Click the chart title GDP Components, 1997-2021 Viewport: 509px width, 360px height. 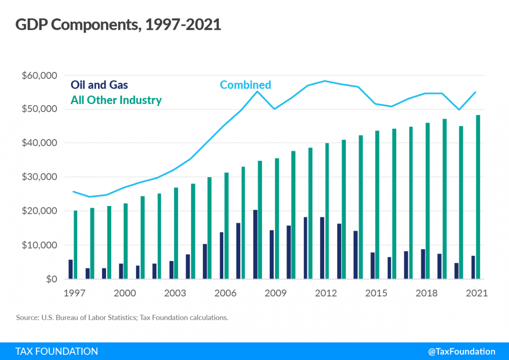point(118,25)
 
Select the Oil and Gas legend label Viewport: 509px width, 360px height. point(99,85)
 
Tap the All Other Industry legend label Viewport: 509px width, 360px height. point(116,100)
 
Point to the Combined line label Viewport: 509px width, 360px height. point(245,85)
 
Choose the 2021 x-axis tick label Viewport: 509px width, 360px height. point(476,293)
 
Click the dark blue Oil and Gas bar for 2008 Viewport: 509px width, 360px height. point(255,244)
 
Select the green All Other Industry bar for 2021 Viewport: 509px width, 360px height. point(478,197)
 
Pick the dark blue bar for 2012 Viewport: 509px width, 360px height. point(322,248)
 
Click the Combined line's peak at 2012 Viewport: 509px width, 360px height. point(325,81)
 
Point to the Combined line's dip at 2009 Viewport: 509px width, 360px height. point(275,109)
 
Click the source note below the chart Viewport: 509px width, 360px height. point(122,318)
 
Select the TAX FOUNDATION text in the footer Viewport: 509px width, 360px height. point(56,352)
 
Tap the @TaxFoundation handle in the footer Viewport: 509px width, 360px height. point(461,352)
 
